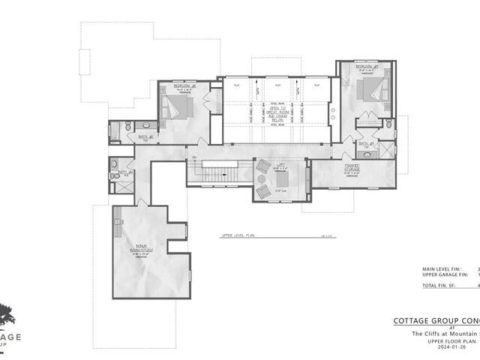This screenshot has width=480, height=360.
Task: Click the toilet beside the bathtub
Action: tap(127, 127)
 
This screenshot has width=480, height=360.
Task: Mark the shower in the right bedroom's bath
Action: tap(387, 146)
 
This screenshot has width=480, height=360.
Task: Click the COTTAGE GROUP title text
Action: tap(435, 321)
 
